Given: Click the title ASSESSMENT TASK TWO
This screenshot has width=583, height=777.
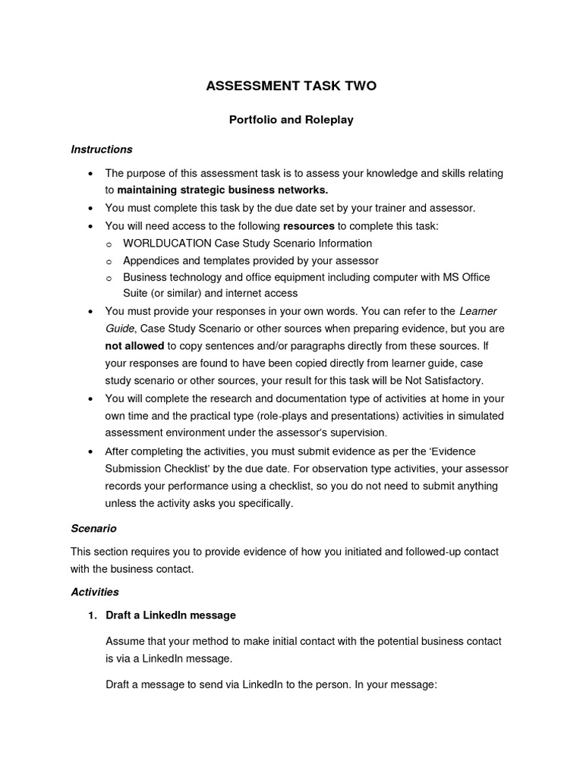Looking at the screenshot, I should [x=291, y=87].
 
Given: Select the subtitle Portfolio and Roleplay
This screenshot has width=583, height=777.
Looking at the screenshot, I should [x=291, y=120].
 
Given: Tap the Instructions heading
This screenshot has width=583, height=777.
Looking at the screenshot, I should [x=102, y=149].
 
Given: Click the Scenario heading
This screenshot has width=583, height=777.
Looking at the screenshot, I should [x=93, y=527].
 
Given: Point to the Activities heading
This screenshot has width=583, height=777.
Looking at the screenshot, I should [x=95, y=591].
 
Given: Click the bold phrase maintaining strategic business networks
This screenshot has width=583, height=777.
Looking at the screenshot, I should [x=223, y=190].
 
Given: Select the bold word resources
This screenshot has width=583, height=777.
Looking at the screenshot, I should [x=308, y=226].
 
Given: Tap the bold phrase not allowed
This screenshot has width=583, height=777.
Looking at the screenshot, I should [x=134, y=344].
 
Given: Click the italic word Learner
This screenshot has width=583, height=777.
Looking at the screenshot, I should [x=478, y=311].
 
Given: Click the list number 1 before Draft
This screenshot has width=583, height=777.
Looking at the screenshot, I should [x=92, y=615].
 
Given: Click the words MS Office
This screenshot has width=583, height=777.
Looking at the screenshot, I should [x=466, y=277].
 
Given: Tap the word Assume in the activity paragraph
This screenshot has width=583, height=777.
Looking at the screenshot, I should [x=124, y=641].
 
